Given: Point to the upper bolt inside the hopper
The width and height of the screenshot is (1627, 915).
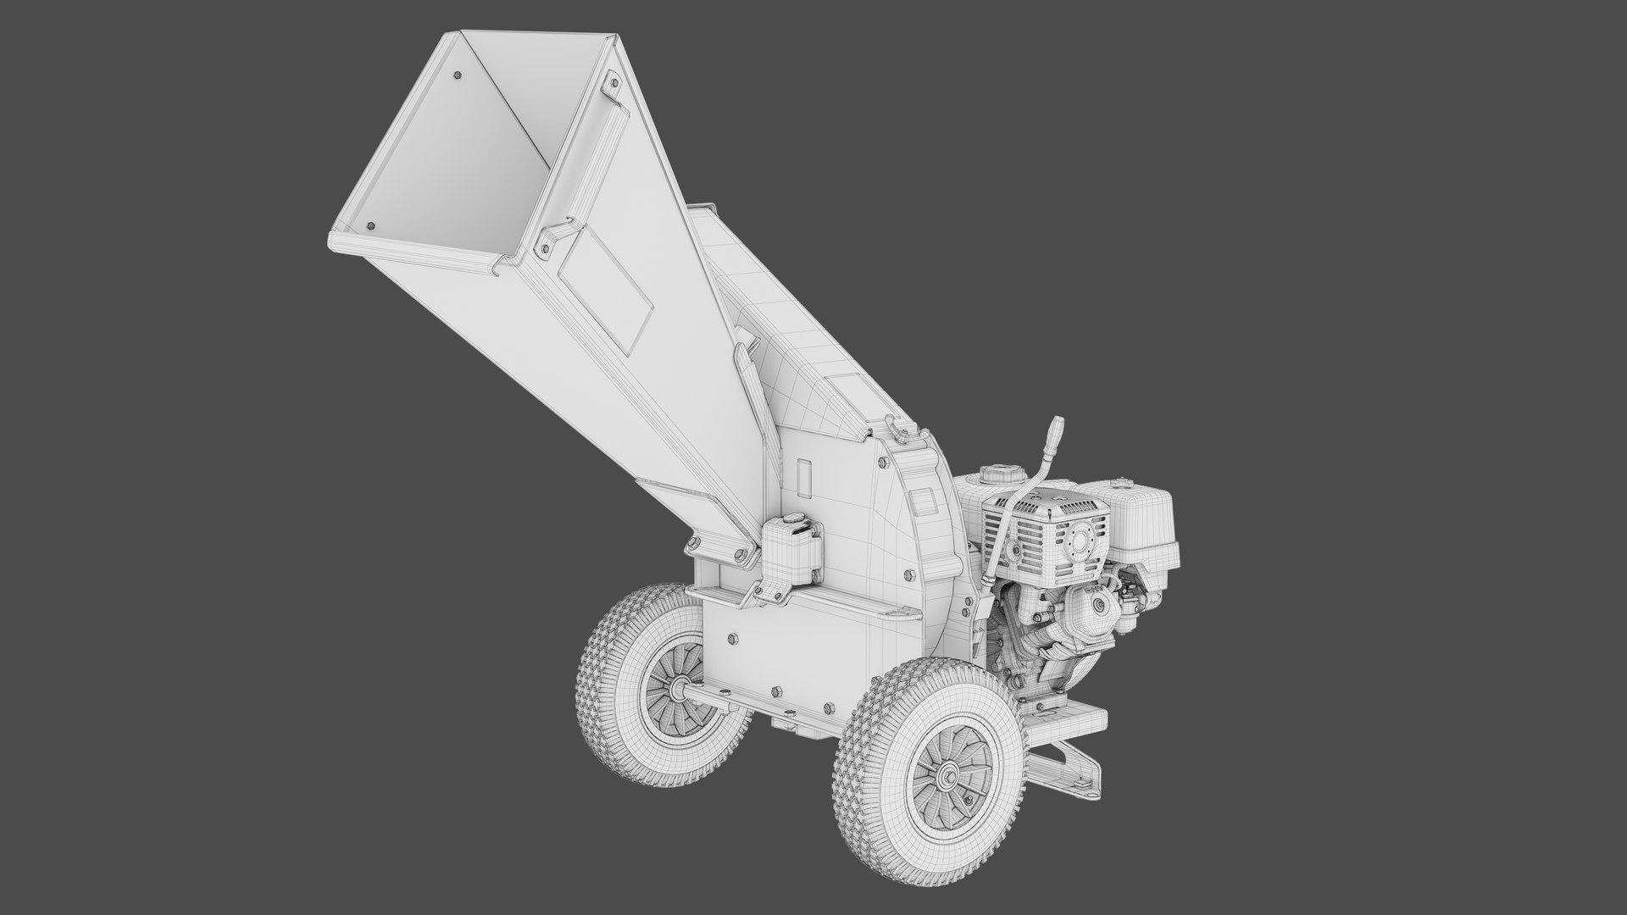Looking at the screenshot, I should pyautogui.click(x=458, y=76).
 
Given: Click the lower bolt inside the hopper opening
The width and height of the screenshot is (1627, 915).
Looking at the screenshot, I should pyautogui.click(x=370, y=227).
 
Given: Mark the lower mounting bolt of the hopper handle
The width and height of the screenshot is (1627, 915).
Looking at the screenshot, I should pyautogui.click(x=545, y=245).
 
